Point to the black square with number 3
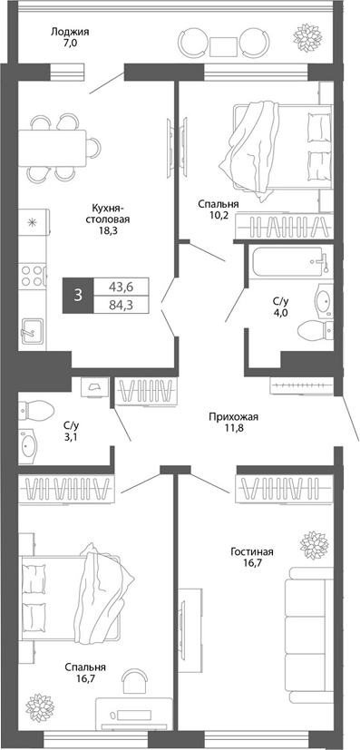point(79,295)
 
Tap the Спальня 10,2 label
point(219,210)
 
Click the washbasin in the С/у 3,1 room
point(31,446)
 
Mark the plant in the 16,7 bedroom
point(41,704)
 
